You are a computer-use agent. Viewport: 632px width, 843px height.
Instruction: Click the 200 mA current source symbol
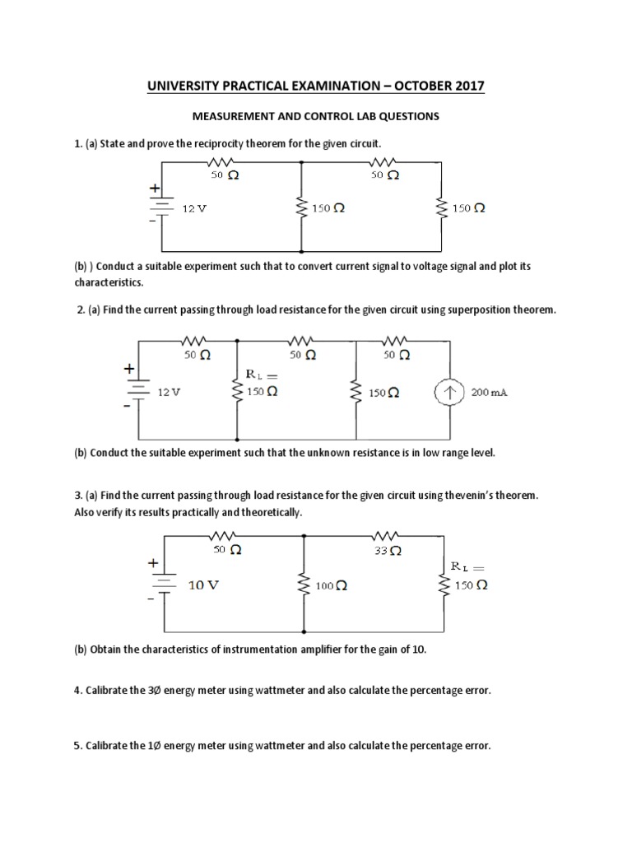(449, 393)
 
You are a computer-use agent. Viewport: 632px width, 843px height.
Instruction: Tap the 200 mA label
(490, 393)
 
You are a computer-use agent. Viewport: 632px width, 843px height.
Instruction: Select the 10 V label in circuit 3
(205, 585)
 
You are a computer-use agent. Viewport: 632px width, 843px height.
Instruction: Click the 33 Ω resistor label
(386, 550)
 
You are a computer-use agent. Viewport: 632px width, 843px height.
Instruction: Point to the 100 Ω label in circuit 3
(332, 586)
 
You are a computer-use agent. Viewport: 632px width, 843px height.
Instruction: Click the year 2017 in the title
(464, 86)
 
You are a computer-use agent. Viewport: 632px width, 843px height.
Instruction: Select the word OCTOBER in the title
(408, 86)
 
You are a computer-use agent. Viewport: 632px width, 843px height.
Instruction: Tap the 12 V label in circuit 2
(169, 393)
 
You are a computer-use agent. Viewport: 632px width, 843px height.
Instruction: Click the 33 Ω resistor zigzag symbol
(387, 535)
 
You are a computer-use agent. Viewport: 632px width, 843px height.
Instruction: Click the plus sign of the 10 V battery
(153, 564)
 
